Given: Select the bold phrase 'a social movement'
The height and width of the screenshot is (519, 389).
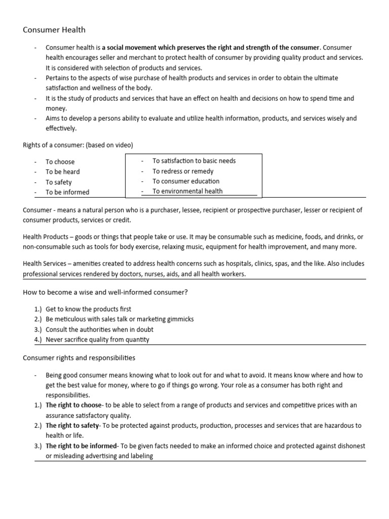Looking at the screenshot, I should coord(129,48).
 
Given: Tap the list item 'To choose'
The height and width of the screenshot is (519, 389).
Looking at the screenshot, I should coord(60,162).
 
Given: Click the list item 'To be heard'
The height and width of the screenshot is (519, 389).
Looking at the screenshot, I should coord(62,172).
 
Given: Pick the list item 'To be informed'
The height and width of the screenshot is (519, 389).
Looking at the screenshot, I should coord(67,192).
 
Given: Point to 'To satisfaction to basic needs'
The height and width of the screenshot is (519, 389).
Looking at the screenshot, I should coord(194,161).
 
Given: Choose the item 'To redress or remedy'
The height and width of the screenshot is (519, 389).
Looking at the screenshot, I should coord(183,171).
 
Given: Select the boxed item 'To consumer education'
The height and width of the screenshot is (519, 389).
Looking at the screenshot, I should coord(186,181).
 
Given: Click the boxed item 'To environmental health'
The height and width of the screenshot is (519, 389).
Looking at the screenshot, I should coord(187,191).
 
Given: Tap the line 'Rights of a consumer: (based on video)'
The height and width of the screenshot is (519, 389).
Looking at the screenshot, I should coord(78,145).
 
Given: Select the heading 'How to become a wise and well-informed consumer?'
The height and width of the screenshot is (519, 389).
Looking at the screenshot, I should coord(105,292).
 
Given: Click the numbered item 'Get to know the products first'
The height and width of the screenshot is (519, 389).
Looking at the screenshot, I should coord(88,309).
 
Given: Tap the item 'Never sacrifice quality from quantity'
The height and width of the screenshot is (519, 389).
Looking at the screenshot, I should coord(97,340).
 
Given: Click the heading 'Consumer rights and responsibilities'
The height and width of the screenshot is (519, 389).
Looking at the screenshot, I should coord(79,358).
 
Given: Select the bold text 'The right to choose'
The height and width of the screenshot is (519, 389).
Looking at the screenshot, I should coord(73,405).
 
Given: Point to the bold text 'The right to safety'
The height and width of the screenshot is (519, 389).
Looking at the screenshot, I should coord(72,425).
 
